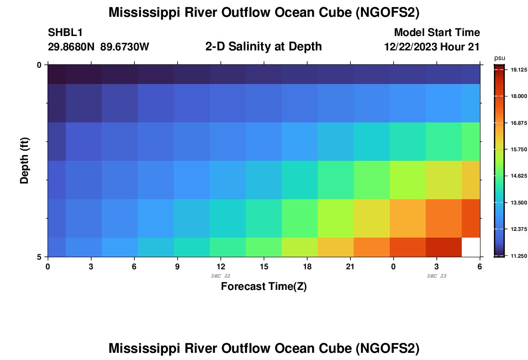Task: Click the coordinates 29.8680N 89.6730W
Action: tap(98, 47)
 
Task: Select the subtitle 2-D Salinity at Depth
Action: tap(263, 47)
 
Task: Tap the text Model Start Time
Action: tap(437, 33)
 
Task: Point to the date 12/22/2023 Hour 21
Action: tap(432, 47)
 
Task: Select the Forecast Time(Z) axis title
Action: tap(264, 287)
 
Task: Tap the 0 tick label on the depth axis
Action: tap(39, 65)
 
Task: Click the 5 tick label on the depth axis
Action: tap(39, 257)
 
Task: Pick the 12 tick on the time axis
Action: tap(221, 266)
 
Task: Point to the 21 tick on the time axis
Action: tap(350, 266)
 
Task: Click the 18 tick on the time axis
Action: tap(307, 266)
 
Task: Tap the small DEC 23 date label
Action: tap(437, 276)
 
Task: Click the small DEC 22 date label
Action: tap(221, 276)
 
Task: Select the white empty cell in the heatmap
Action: tap(471, 247)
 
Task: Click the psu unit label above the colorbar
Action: tap(500, 58)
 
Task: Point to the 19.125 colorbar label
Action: tap(516, 70)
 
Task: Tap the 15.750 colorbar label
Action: tap(516, 150)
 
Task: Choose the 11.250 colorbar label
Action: tap(516, 256)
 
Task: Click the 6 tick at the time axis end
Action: tap(480, 266)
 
